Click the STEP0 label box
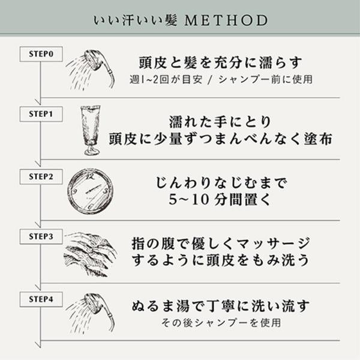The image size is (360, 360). pos(41,54)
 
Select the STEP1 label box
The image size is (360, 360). pos(41,114)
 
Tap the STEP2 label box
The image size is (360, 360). pos(41,176)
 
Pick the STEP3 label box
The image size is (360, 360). pos(41,236)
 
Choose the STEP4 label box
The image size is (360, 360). pos(41,299)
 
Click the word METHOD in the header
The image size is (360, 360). pos(226,20)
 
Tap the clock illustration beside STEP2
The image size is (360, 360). pos(91,191)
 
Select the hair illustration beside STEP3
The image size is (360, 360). pos(90,254)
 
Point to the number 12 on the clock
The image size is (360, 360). pos(91,176)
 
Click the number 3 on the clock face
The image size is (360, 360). pos(106,191)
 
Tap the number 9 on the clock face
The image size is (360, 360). pos(74,192)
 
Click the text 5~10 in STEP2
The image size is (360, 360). pos(189,200)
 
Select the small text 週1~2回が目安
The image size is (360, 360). pos(166,80)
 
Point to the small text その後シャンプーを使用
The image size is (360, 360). pos(221,323)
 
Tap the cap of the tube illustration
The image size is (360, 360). pos(92,151)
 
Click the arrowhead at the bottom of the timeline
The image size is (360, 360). pos(38,344)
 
